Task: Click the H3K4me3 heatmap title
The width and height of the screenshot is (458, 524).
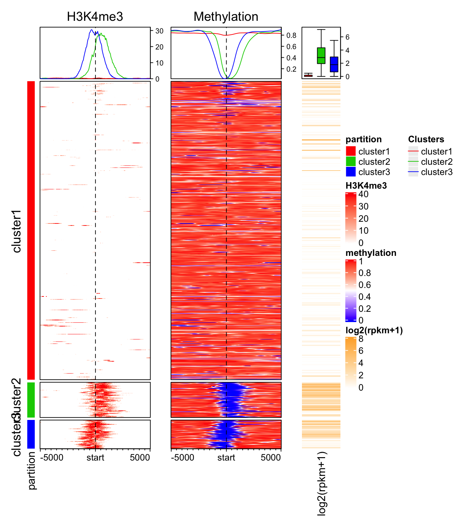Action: coord(95,16)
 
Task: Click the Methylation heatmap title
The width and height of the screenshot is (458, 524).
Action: coord(226,16)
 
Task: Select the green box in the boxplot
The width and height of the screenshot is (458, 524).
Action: coord(321,56)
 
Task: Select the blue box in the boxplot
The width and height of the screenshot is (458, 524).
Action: coord(334,64)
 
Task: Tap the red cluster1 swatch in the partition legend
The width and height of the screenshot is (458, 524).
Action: coord(351,151)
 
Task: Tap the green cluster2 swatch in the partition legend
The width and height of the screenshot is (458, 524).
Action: coord(351,161)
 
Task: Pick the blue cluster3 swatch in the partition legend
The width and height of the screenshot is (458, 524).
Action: coord(351,172)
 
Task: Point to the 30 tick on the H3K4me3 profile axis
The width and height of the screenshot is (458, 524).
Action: coord(159,31)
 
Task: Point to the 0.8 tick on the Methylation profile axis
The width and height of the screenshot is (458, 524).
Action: coord(291,35)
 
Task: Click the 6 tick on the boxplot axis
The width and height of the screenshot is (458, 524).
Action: coord(347,37)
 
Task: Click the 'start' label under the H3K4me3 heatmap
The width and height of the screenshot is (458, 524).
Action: coord(95,457)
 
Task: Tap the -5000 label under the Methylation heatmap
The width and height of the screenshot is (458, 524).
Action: coord(183,457)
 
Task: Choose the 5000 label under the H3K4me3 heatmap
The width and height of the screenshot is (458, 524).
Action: coord(140,457)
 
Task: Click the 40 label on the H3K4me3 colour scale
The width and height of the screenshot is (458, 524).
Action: coord(363,194)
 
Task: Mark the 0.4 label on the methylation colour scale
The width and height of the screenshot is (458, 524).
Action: coord(365,297)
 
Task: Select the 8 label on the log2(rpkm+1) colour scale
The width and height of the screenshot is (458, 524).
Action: coord(361,339)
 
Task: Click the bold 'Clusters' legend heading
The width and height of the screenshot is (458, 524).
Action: coord(426,139)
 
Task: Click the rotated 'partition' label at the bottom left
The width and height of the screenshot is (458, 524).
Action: coord(32,470)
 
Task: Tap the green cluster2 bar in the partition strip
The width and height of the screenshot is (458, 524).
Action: coord(31,400)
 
